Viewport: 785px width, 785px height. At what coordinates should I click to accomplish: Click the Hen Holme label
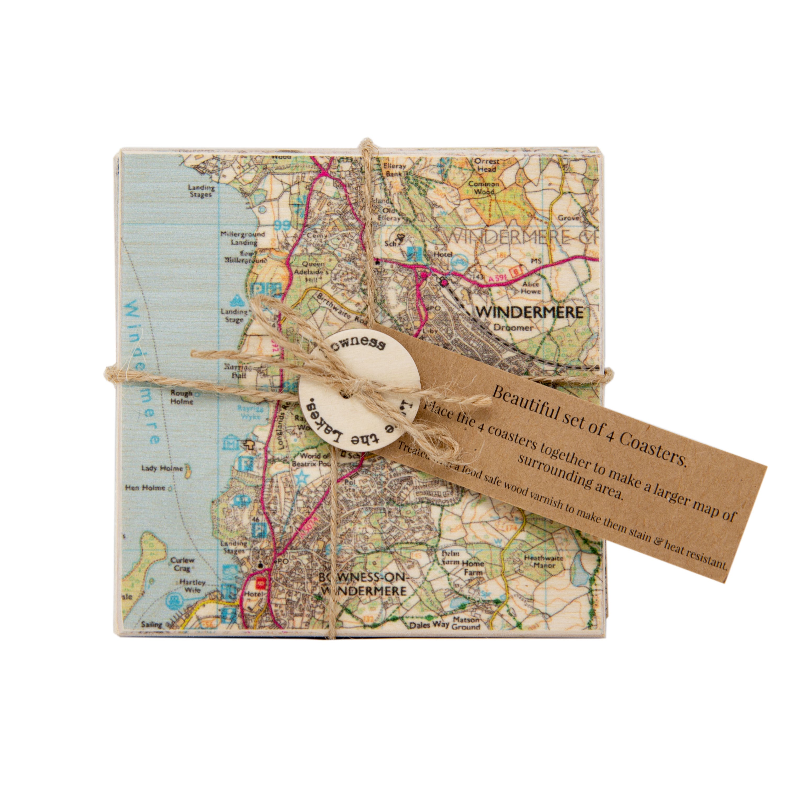(x=145, y=487)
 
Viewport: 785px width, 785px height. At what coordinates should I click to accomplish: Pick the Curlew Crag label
(x=182, y=564)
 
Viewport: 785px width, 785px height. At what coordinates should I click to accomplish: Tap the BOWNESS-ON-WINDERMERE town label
(x=363, y=584)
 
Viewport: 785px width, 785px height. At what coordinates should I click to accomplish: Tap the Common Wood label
(x=484, y=187)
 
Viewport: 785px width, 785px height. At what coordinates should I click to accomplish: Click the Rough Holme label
(x=182, y=397)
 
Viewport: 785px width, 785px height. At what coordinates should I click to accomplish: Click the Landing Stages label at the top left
(x=201, y=191)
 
